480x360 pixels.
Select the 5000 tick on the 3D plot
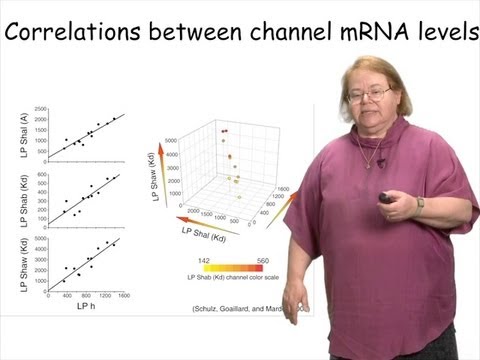[x=172, y=126]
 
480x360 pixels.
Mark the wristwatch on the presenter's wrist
[x=421, y=204]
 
